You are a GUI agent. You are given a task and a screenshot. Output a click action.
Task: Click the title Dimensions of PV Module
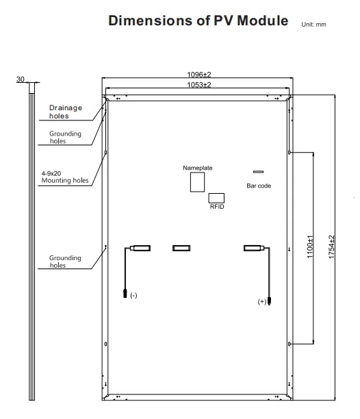[198, 21]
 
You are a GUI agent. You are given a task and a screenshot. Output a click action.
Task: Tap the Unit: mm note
[313, 25]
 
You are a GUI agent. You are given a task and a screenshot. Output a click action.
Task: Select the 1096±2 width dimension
[199, 75]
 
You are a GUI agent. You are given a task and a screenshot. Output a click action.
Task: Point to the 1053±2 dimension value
[199, 85]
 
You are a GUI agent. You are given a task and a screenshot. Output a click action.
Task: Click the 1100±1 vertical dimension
[310, 246]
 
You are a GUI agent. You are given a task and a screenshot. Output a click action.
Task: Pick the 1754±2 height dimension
[331, 247]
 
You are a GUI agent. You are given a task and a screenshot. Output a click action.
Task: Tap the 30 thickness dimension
[21, 79]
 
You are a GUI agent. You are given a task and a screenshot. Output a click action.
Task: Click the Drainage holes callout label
[66, 112]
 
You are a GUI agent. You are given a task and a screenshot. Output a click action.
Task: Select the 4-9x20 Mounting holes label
[65, 177]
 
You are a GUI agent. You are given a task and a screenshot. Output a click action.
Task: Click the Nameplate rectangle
[197, 182]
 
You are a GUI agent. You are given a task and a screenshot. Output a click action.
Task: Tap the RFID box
[216, 198]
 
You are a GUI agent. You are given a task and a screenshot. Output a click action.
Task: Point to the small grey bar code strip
[258, 172]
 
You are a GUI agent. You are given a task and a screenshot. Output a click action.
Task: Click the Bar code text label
[259, 186]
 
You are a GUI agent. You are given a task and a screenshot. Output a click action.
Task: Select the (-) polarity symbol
[133, 295]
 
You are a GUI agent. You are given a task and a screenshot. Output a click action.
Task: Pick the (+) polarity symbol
[261, 301]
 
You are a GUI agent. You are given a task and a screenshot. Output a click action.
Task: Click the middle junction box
[181, 249]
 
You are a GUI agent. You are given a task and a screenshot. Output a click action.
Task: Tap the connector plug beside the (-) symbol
[125, 293]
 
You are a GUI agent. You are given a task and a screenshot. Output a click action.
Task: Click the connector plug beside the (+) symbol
[269, 301]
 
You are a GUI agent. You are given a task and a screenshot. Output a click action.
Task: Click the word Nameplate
[198, 168]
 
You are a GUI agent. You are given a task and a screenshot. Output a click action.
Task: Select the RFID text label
[217, 207]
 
